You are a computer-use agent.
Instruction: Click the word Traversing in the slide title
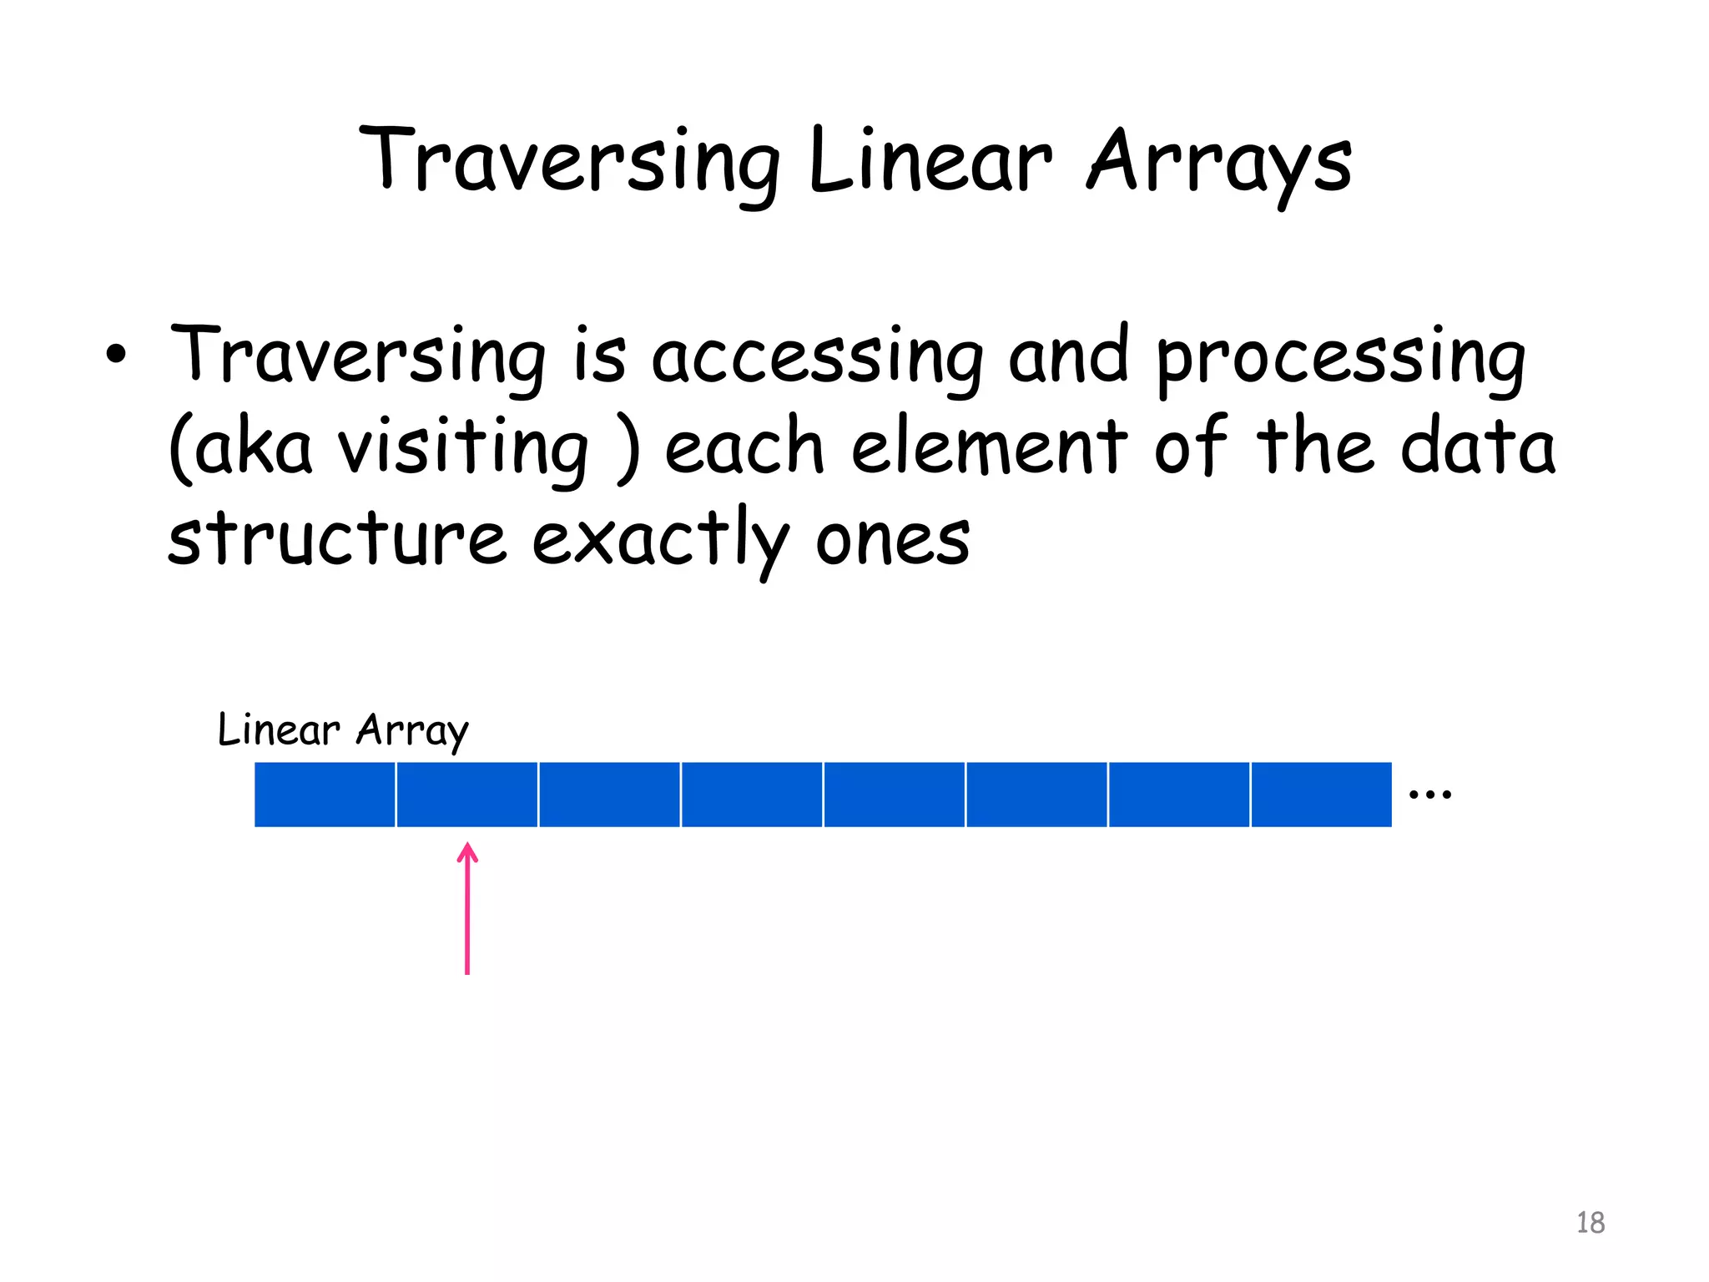569,161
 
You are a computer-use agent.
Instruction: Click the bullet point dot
117,354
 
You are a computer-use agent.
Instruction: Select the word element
990,447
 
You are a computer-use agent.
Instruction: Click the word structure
336,538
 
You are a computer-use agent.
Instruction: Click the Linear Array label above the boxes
343,730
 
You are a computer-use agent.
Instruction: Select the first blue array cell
325,795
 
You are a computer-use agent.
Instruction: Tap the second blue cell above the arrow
467,795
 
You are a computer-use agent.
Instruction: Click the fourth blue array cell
752,795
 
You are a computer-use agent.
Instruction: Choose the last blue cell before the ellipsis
1322,795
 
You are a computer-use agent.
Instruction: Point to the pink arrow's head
468,851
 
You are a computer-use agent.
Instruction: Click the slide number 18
1591,1223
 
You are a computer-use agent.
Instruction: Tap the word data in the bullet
1478,447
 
